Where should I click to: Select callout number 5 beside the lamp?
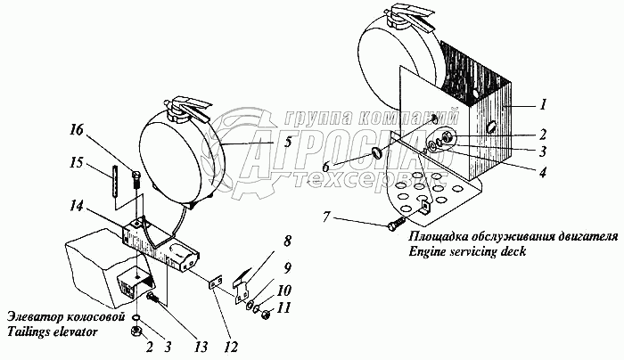pyautogui.click(x=262, y=140)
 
